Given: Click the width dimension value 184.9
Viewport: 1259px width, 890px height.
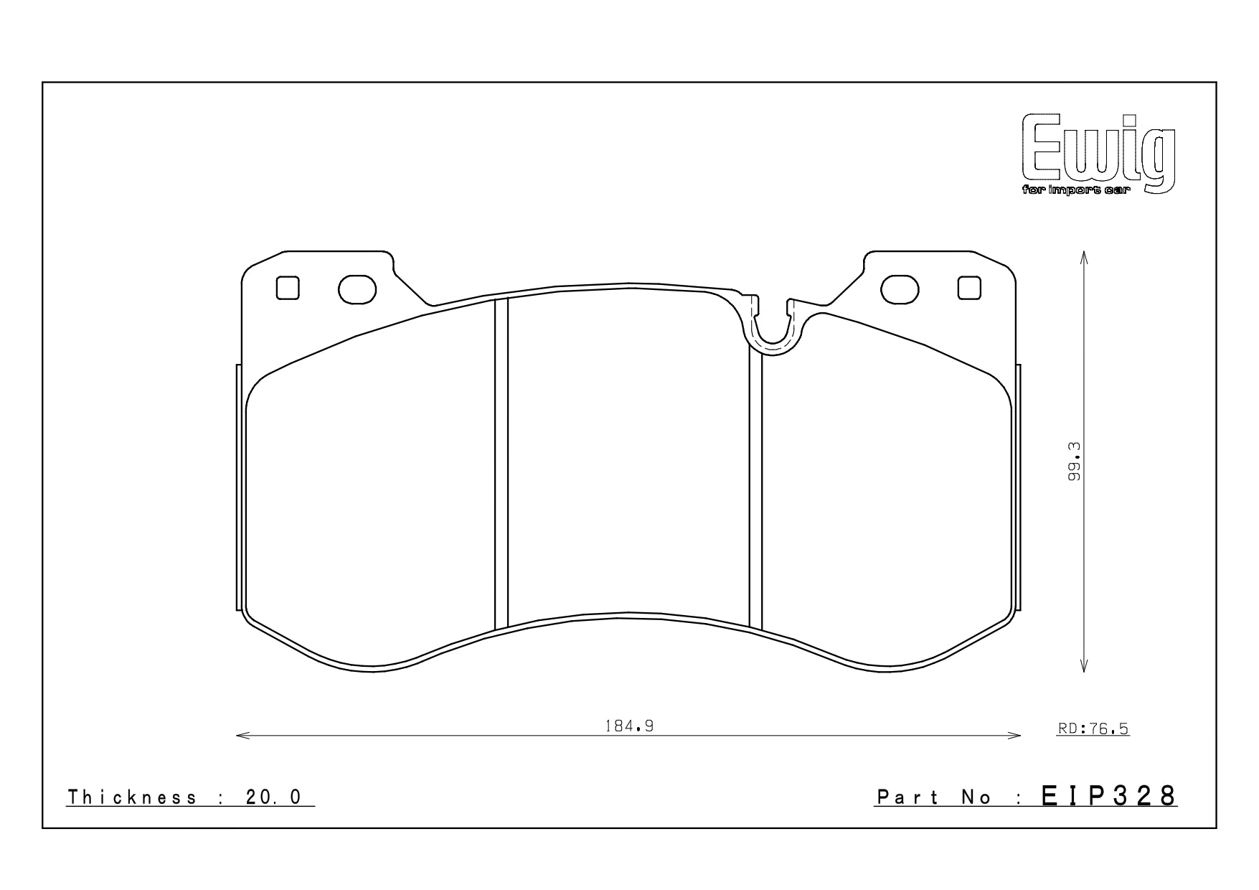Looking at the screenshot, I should [x=629, y=726].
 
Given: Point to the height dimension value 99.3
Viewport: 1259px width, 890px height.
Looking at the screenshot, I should [x=1074, y=461].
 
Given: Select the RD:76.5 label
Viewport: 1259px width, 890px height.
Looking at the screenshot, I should [x=1093, y=729].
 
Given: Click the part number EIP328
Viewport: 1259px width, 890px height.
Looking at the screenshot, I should [x=1108, y=795].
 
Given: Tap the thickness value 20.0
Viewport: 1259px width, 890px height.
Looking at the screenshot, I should [x=273, y=797].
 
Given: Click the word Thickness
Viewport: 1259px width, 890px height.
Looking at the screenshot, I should [x=132, y=797].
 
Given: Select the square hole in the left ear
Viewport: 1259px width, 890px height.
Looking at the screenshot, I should [x=288, y=288].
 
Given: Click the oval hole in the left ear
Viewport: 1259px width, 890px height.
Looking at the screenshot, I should [x=357, y=289].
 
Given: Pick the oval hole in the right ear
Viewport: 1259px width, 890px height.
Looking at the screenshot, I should [x=900, y=289].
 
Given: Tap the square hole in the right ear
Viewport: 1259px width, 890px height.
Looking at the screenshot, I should [x=969, y=288].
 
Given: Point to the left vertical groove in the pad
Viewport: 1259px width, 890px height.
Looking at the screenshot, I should [x=501, y=463].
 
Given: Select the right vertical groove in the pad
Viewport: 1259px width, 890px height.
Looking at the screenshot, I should [x=755, y=488].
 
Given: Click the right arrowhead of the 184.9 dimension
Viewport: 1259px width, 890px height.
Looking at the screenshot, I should [x=1017, y=736].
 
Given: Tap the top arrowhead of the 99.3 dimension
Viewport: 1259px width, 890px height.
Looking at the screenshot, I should [x=1083, y=256].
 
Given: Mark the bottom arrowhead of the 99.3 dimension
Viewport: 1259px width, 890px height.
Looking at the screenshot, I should [x=1083, y=667].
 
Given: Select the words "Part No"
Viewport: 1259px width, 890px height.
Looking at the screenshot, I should [x=934, y=797].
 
